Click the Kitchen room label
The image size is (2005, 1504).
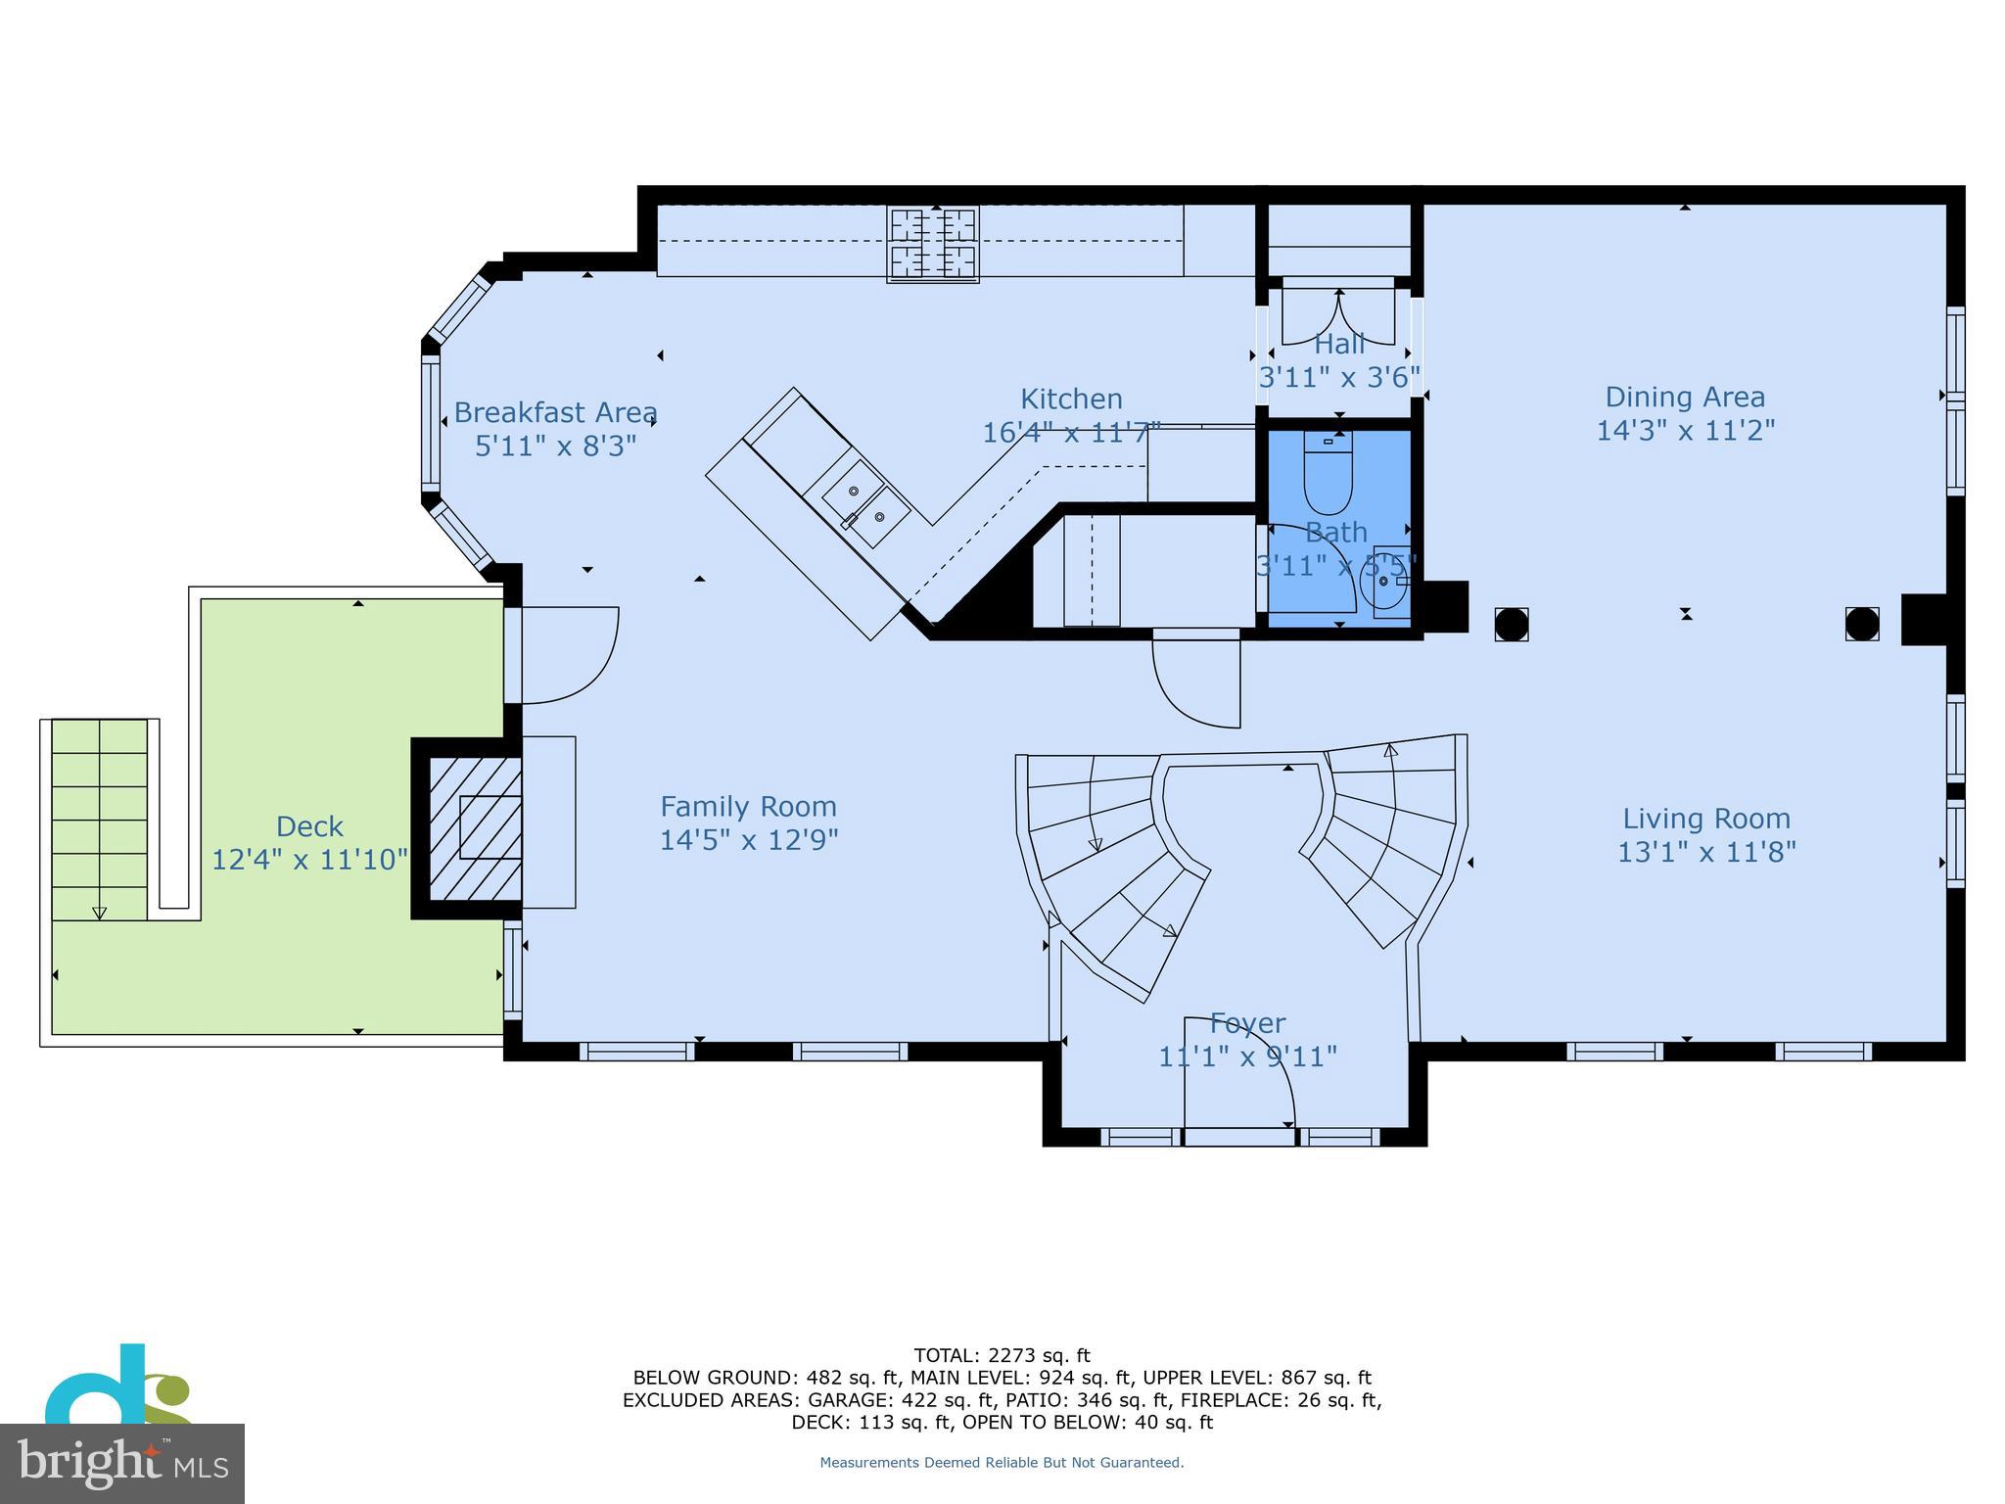(x=1071, y=399)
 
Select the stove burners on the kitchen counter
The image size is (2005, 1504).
(x=933, y=244)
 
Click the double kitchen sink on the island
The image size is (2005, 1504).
(x=866, y=504)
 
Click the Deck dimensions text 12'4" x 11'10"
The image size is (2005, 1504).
(x=309, y=860)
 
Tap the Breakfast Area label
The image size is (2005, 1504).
(x=555, y=412)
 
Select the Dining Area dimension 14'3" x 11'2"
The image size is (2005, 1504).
(x=1685, y=430)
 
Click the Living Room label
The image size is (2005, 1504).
(x=1705, y=819)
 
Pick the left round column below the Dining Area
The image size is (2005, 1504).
(x=1512, y=624)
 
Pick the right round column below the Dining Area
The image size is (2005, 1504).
(x=1861, y=624)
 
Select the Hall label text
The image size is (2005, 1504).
(x=1339, y=345)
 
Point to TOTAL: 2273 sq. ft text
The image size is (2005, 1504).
(x=1002, y=1355)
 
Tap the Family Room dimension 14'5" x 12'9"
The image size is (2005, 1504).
(x=748, y=840)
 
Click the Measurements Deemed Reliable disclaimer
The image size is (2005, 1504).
(x=1002, y=1462)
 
